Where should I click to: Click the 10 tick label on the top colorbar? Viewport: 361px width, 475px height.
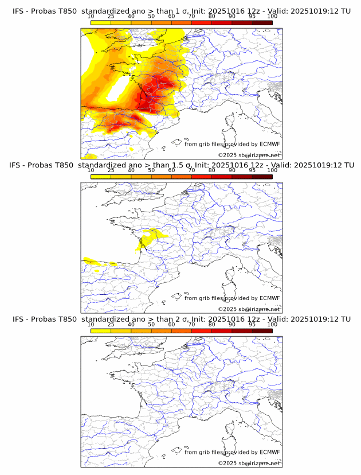(91, 16)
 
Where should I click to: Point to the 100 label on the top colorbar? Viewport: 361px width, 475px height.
(272, 16)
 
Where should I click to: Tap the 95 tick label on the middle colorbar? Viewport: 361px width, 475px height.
(252, 170)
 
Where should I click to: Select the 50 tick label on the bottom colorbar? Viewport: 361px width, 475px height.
(151, 324)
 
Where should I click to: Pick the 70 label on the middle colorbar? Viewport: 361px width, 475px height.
(191, 170)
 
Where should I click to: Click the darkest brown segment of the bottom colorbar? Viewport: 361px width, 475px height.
(262, 330)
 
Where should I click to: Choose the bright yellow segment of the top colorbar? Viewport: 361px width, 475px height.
(101, 22)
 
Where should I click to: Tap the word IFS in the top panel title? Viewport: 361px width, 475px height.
(19, 11)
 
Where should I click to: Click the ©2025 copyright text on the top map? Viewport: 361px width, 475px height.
(227, 155)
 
